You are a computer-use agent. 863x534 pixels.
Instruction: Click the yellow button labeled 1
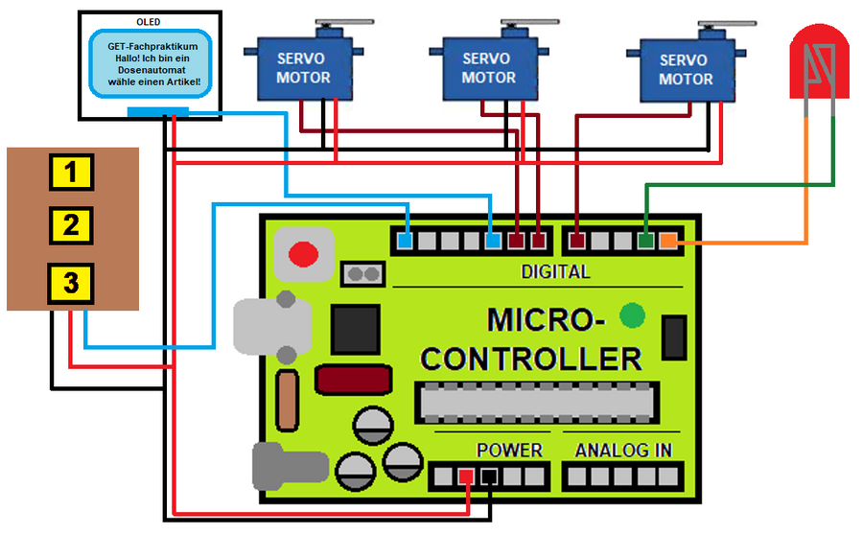pos(71,173)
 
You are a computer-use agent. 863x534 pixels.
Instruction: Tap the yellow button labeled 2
pos(71,226)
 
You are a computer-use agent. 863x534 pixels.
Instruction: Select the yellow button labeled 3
pos(71,284)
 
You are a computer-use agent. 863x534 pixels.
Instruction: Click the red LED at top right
pos(819,61)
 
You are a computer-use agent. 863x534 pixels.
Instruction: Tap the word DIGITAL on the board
pos(555,271)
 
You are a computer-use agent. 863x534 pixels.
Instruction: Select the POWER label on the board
pos(509,450)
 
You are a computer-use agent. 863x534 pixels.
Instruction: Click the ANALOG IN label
pos(623,450)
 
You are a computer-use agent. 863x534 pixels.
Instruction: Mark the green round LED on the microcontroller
pos(632,314)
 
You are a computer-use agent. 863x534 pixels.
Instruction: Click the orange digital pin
pos(668,240)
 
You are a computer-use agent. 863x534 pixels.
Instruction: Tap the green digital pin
pos(646,240)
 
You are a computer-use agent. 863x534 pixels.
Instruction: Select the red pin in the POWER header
pos(466,476)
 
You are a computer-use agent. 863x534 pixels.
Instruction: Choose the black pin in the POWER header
pos(489,476)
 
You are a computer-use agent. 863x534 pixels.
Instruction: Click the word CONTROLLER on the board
pos(531,359)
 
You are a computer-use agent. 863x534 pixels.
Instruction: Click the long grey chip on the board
pos(537,403)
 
